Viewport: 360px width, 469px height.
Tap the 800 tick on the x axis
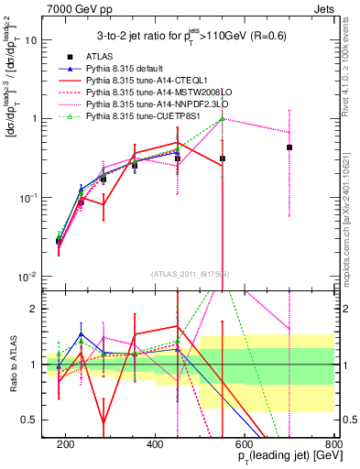pos(333,444)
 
